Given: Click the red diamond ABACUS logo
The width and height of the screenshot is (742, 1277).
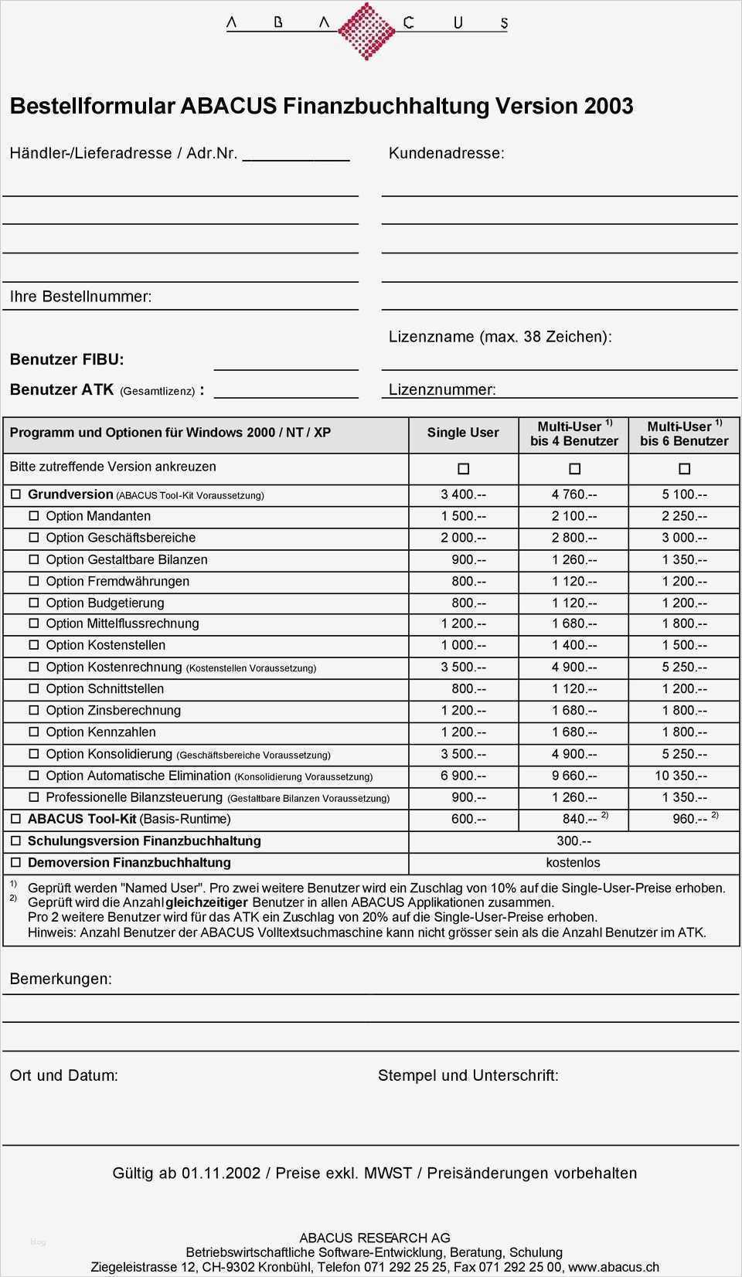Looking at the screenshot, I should coord(366,30).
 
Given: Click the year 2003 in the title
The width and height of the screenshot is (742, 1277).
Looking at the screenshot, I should coord(609,106).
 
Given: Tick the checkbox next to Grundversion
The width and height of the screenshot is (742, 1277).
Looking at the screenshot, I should coord(15,494).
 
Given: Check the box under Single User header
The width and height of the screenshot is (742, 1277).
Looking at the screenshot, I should coord(463,469).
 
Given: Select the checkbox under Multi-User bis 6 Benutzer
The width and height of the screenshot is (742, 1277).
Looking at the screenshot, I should coord(684,469).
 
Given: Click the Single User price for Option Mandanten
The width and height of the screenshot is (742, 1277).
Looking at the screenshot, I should coord(463,516).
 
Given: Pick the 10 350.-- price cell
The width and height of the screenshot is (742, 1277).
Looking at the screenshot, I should coord(680,776).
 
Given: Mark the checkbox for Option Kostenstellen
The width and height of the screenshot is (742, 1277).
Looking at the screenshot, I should coord(34,645).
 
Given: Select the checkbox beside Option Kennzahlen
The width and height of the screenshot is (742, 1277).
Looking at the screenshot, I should coord(34,732).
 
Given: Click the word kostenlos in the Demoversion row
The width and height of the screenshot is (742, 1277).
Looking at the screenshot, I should coord(573,862).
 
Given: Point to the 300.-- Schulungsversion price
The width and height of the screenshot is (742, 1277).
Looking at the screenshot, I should coord(574,841).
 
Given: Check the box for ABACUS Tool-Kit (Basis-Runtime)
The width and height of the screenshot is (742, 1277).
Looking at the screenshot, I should coord(15,819).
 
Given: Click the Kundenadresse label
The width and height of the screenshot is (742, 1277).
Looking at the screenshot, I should coord(446,153).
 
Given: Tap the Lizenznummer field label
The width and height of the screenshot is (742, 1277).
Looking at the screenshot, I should coord(442,389).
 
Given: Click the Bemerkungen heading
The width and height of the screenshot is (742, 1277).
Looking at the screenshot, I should coord(60,979).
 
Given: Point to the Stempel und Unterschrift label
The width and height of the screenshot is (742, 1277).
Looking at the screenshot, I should coord(468,1075).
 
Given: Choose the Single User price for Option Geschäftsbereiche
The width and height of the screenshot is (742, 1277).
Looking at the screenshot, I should coord(463,538).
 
